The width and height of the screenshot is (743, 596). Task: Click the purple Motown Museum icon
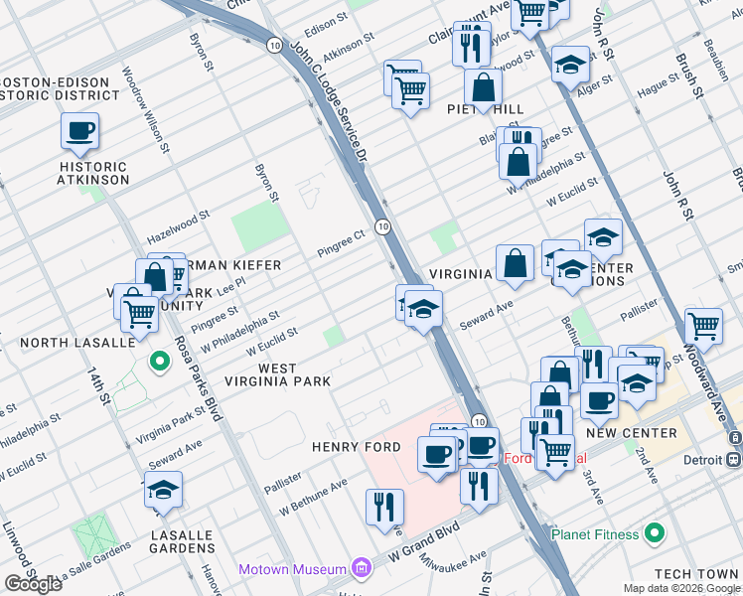click(361, 569)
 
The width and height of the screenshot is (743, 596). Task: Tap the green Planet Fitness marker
click(654, 534)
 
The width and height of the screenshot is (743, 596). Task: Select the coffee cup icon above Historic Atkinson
click(79, 130)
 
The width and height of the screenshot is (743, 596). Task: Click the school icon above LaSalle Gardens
click(163, 491)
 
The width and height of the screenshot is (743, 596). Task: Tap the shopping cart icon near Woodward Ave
click(703, 325)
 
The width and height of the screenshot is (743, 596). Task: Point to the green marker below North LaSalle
click(157, 362)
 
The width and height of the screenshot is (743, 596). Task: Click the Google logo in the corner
click(33, 584)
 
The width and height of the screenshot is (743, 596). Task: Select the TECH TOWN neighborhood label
click(696, 575)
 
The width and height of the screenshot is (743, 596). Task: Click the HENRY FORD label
click(356, 447)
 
